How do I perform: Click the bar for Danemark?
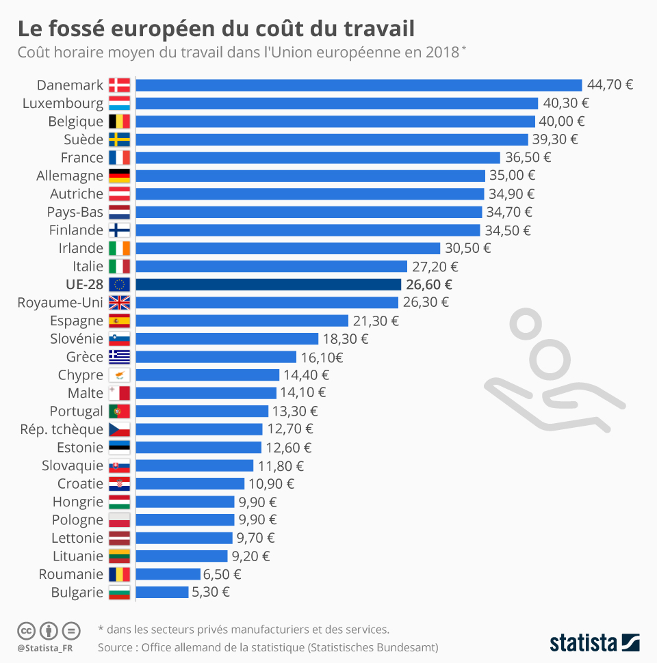tap(359, 85)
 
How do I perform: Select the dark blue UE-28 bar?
tap(268, 284)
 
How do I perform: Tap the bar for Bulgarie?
tap(162, 592)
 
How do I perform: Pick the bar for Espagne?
tap(242, 321)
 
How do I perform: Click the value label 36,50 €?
tap(528, 157)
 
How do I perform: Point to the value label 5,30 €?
tap(211, 592)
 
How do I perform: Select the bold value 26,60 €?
tap(429, 284)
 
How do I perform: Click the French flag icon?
tap(119, 157)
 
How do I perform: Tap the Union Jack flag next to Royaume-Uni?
tap(119, 302)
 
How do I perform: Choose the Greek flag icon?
tap(119, 357)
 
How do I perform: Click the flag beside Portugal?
tap(119, 411)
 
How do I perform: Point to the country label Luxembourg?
tap(63, 103)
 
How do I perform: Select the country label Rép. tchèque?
tap(62, 429)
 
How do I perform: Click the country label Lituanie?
tap(78, 556)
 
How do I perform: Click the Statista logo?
tap(594, 642)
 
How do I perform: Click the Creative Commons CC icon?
tap(26, 630)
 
